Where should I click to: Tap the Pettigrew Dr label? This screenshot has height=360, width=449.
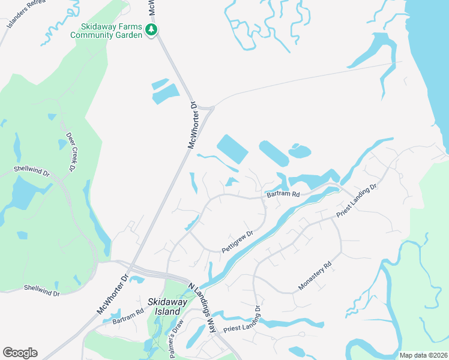point(238,240)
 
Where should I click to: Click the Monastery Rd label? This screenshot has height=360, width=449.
point(315,276)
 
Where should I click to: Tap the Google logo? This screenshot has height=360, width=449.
point(20,353)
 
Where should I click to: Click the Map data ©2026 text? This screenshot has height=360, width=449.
point(423,355)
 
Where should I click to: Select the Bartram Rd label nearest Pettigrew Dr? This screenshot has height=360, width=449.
point(283,194)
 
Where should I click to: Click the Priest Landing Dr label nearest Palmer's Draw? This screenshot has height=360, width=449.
point(243,325)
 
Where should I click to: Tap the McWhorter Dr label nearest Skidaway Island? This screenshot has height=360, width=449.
point(112,295)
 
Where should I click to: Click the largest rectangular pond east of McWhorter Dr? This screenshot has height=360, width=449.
point(232,149)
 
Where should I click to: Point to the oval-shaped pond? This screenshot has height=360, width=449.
point(298,151)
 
